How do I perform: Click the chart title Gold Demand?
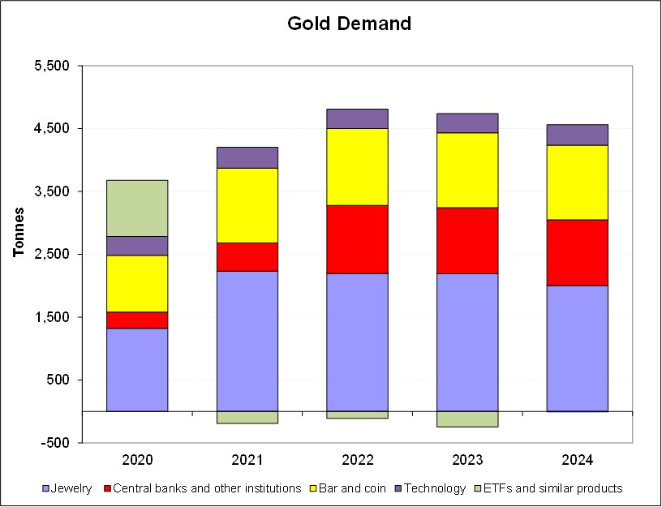(349, 24)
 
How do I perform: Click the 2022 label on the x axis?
(357, 460)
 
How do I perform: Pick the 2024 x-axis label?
(577, 460)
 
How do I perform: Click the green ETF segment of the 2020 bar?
(137, 208)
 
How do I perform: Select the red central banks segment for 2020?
(137, 320)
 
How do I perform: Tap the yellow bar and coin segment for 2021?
(247, 205)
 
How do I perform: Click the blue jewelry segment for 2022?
(357, 342)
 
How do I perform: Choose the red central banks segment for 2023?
(467, 240)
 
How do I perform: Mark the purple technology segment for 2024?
(577, 135)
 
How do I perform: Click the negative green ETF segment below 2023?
(467, 419)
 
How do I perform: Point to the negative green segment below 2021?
(247, 417)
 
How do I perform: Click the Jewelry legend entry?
(72, 488)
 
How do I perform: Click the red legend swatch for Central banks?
(105, 488)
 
